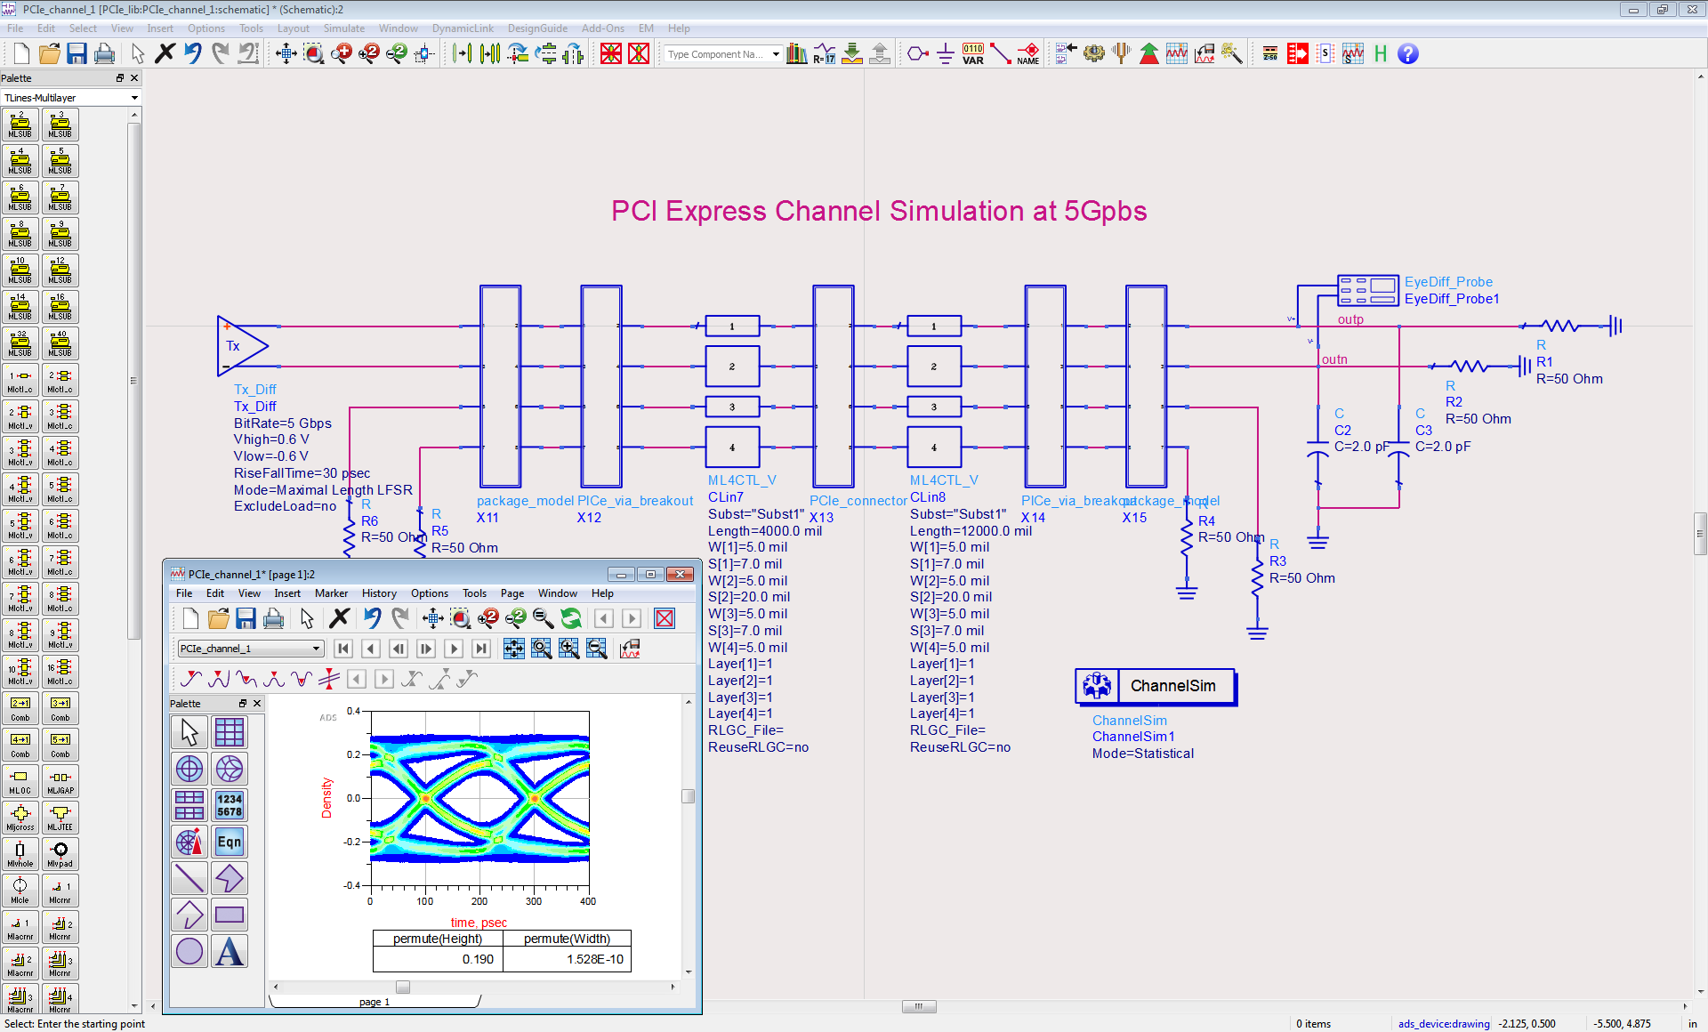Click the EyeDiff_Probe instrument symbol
click(1368, 290)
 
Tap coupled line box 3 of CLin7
click(732, 407)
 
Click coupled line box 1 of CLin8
click(933, 327)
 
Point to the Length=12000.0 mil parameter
click(971, 531)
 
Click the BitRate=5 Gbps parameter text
click(283, 423)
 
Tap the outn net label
click(1334, 359)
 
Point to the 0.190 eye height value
click(478, 959)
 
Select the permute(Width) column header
click(567, 939)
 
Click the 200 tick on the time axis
click(479, 901)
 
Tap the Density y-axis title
click(326, 798)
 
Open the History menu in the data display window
click(379, 593)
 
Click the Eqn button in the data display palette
click(229, 842)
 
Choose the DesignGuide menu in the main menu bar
click(537, 28)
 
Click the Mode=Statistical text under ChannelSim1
click(1143, 754)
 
